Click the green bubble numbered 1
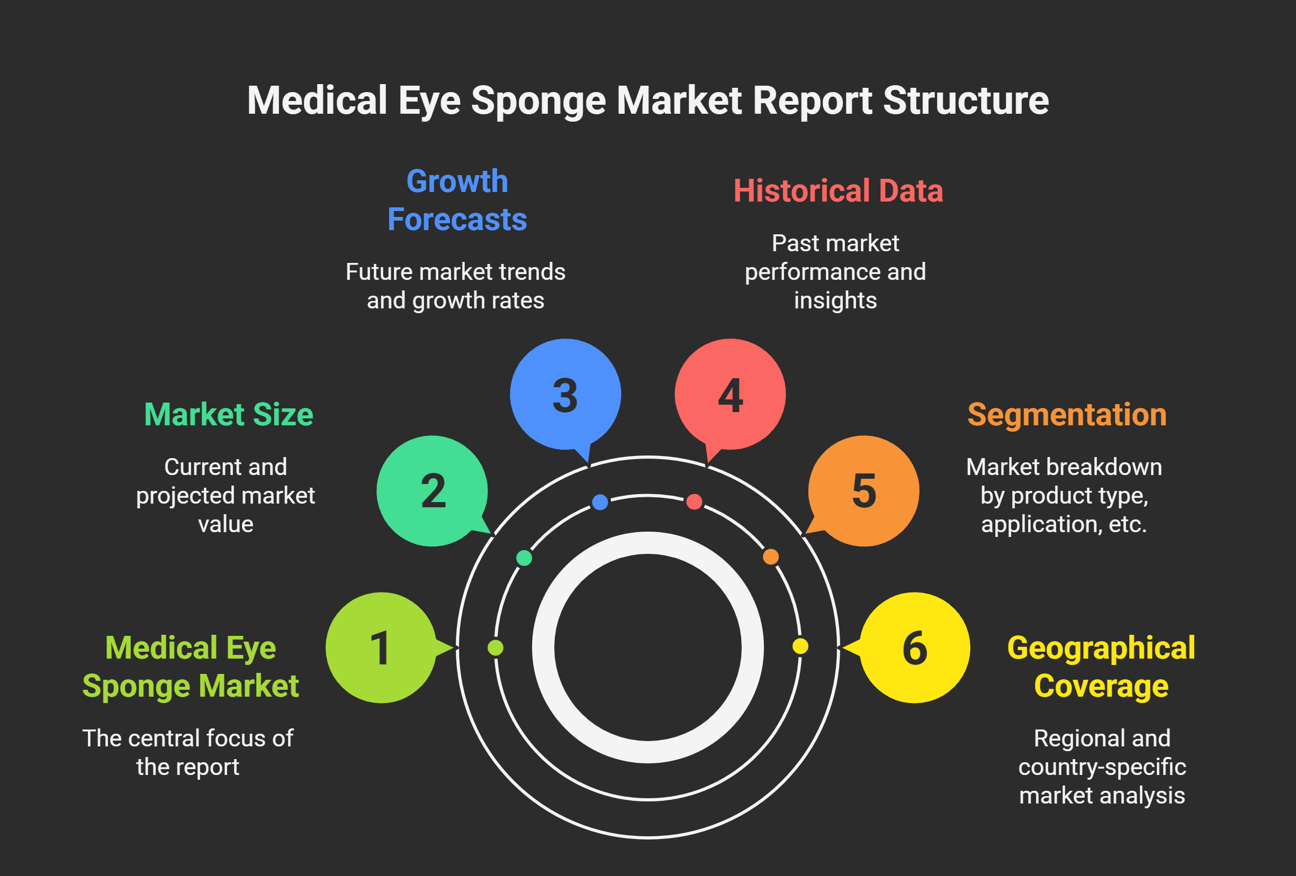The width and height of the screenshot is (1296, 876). coord(381,647)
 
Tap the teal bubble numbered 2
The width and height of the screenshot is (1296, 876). coord(432,491)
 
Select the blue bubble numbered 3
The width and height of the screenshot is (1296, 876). coord(565,394)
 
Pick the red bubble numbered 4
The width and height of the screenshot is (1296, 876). coord(730,394)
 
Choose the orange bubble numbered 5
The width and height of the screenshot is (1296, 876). coord(864,491)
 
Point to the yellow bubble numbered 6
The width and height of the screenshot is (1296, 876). coord(915,647)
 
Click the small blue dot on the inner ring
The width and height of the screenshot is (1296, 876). coord(600,502)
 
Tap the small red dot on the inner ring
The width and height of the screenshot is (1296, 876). coord(694,502)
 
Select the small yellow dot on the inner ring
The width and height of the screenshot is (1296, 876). coord(800,646)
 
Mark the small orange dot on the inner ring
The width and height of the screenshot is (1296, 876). coord(771,556)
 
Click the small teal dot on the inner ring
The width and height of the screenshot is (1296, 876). coord(524,558)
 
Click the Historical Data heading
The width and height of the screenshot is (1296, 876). coord(838,190)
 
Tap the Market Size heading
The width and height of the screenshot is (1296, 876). coord(229,415)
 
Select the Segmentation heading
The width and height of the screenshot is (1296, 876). coord(1067,415)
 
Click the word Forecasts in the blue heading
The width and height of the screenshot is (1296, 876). coord(457,219)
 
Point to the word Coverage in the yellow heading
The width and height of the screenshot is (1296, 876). coord(1101,686)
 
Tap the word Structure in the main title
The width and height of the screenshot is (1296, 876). coord(966,101)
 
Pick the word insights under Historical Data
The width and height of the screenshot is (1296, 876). coord(835,300)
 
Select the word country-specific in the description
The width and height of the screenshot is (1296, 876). coord(1102,767)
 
